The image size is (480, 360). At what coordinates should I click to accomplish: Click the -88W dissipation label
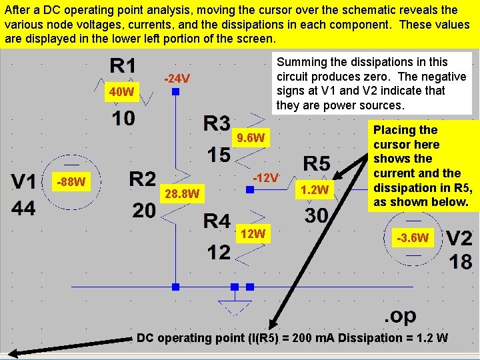pyautogui.click(x=71, y=181)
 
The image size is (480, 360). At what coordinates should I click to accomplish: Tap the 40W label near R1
pyautogui.click(x=122, y=92)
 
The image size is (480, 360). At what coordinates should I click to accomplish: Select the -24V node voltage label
pyautogui.click(x=177, y=79)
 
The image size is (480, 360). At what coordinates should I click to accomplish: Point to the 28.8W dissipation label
pyautogui.click(x=182, y=194)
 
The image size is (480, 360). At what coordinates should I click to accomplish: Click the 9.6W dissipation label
pyautogui.click(x=251, y=139)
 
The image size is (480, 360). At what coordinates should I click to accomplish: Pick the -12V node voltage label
pyautogui.click(x=266, y=178)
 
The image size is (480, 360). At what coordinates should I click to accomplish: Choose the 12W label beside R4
pyautogui.click(x=254, y=233)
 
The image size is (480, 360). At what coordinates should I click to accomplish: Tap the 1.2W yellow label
pyautogui.click(x=315, y=191)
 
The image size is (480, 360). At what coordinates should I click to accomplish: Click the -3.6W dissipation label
pyautogui.click(x=413, y=237)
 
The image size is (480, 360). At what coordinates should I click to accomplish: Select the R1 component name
pyautogui.click(x=123, y=66)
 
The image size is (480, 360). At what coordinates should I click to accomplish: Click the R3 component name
pyautogui.click(x=217, y=123)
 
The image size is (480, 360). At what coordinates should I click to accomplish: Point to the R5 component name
pyautogui.click(x=317, y=163)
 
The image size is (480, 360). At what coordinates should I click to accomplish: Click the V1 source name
pyautogui.click(x=25, y=181)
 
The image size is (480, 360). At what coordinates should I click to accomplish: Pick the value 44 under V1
pyautogui.click(x=23, y=208)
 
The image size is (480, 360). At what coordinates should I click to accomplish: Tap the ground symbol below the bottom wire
pyautogui.click(x=234, y=305)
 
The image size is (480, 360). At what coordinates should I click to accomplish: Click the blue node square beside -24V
pyautogui.click(x=175, y=92)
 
